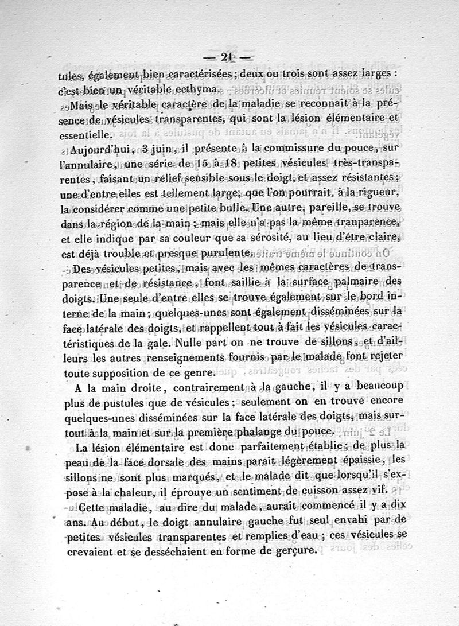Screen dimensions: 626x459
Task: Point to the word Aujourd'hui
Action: point(102,151)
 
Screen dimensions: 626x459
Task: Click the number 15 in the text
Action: point(203,165)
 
